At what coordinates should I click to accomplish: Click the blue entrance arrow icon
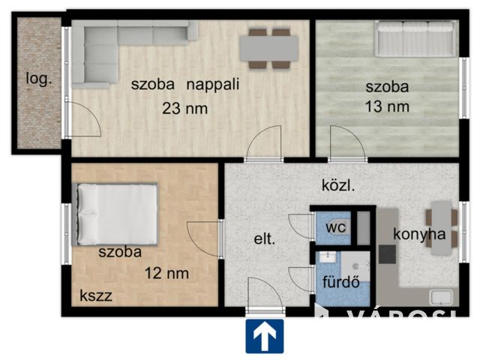pos(264,336)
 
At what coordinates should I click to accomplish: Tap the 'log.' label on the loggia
pos(39,78)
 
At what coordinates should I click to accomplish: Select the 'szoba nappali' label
pos(184,84)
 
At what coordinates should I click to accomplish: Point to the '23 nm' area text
pos(184,109)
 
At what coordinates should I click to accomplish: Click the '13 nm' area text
pos(387,106)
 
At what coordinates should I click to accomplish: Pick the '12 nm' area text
pos(167,273)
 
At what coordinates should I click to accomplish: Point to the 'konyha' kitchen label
pos(420,234)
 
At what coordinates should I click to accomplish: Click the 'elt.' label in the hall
pos(264,240)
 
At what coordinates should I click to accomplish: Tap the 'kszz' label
pos(96,296)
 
